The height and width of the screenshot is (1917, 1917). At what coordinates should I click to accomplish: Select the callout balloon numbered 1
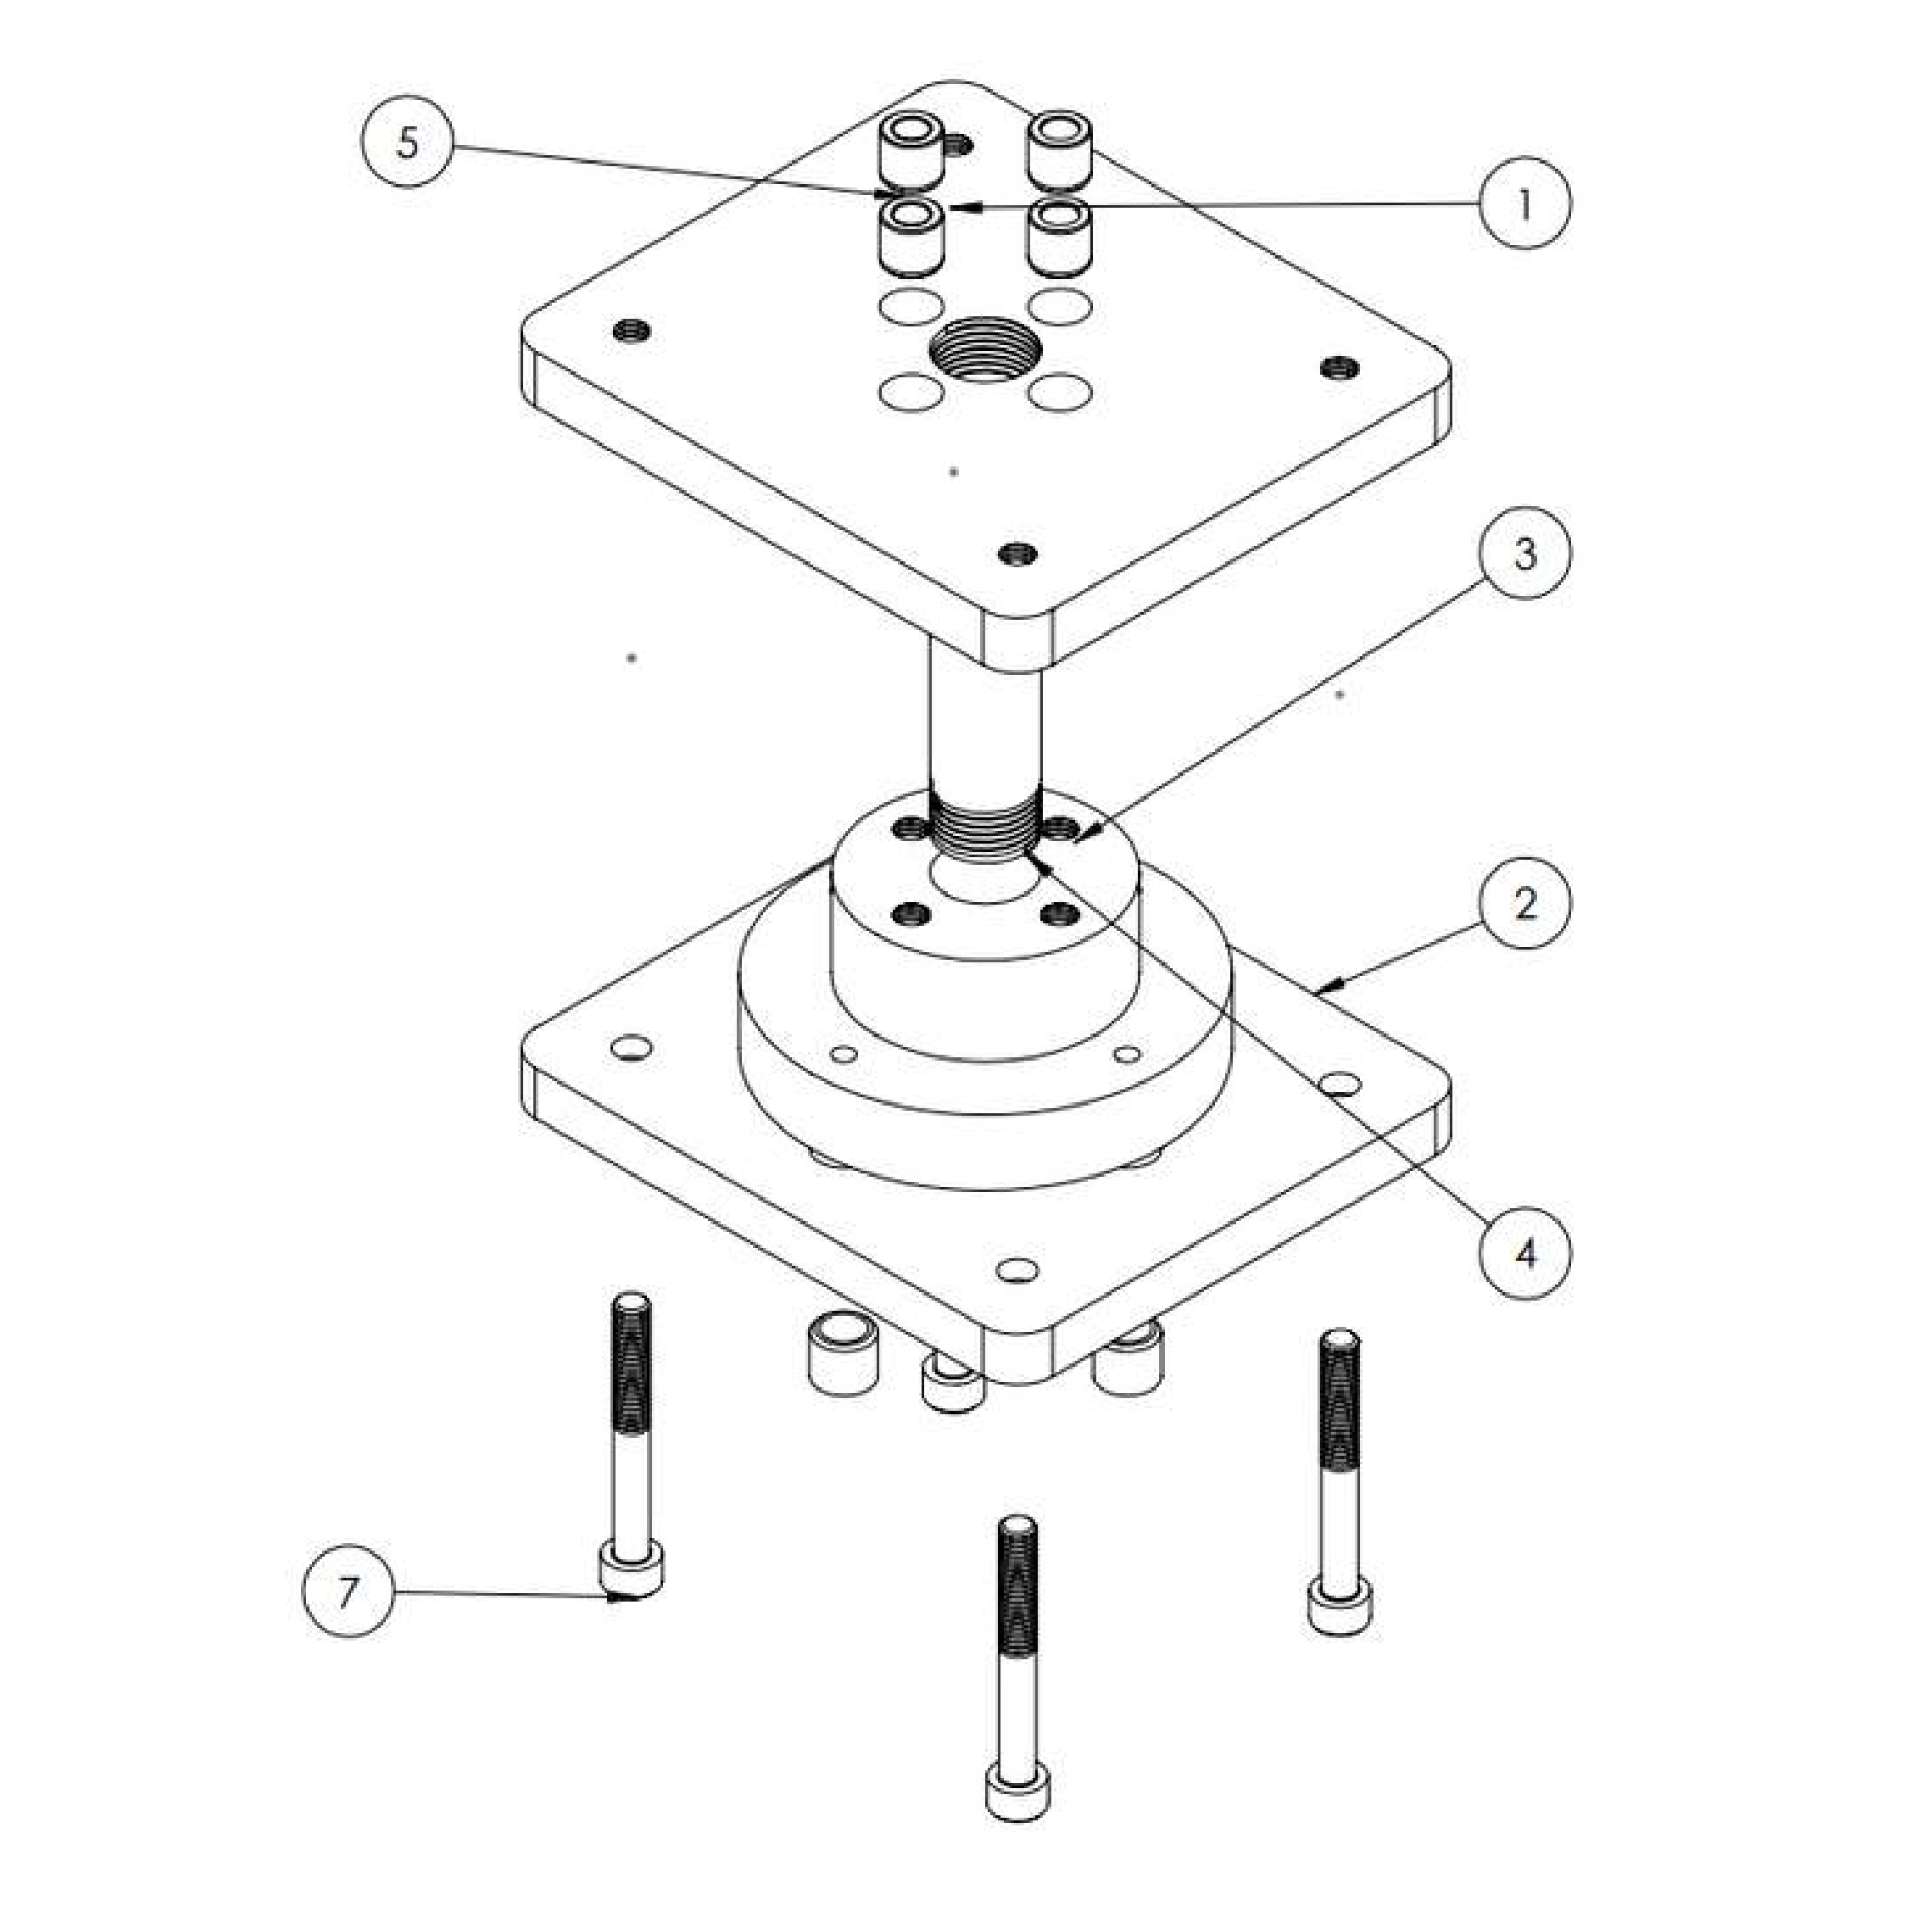coord(1525,203)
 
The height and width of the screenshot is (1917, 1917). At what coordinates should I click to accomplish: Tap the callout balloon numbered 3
coord(1525,553)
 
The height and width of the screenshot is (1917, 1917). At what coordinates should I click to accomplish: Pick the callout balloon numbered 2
coord(1525,903)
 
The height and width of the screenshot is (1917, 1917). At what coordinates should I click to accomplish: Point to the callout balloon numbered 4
coord(1525,1253)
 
